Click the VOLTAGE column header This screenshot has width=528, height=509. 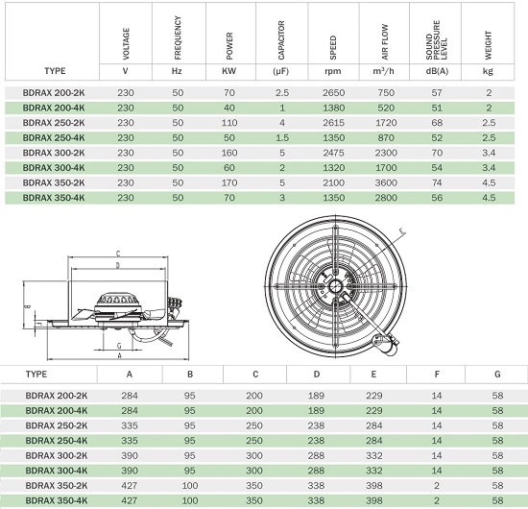(x=126, y=44)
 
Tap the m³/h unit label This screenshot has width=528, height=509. (x=384, y=71)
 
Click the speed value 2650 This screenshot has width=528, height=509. (x=333, y=92)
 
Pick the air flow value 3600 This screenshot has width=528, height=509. (x=386, y=182)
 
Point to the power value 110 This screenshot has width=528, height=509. (x=229, y=123)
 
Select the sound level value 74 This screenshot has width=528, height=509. (x=437, y=182)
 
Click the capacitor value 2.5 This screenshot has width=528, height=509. (x=282, y=92)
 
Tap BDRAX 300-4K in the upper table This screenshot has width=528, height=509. (x=54, y=168)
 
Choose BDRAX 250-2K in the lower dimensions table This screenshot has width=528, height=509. (x=57, y=425)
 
